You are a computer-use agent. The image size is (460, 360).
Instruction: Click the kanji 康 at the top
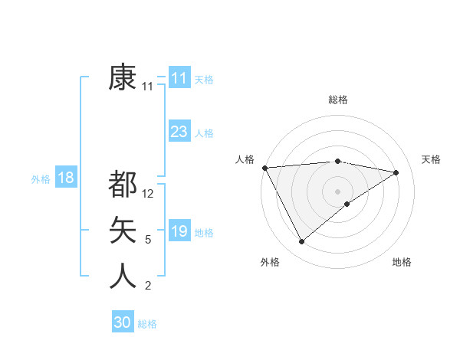(x=123, y=78)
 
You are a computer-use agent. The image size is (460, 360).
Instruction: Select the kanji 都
(x=123, y=185)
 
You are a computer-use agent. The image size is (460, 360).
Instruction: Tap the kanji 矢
(x=123, y=231)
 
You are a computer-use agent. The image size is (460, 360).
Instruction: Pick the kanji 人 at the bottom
(x=123, y=276)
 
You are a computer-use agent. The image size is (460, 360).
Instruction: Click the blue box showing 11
(x=179, y=78)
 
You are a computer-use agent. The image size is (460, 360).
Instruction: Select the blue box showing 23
(x=179, y=132)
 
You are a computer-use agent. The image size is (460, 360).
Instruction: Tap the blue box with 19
(x=179, y=231)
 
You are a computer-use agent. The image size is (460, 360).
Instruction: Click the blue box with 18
(x=66, y=178)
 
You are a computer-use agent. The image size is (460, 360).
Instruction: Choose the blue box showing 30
(x=123, y=322)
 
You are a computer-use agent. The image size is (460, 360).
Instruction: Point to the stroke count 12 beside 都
(x=149, y=195)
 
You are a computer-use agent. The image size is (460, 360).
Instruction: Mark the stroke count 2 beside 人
(x=148, y=286)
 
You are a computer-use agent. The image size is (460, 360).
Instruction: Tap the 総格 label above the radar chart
(x=338, y=100)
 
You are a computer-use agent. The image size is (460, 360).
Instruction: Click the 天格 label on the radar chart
(x=431, y=159)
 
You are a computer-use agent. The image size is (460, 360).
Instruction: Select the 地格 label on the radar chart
(x=402, y=262)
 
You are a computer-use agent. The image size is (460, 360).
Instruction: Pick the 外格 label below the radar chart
(x=270, y=262)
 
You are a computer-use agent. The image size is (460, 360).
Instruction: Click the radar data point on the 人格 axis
(x=264, y=167)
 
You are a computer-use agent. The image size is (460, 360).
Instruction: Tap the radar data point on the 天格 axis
(x=396, y=172)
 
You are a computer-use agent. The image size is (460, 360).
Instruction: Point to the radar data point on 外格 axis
(x=301, y=242)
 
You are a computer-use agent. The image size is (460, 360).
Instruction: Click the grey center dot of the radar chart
(x=338, y=191)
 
